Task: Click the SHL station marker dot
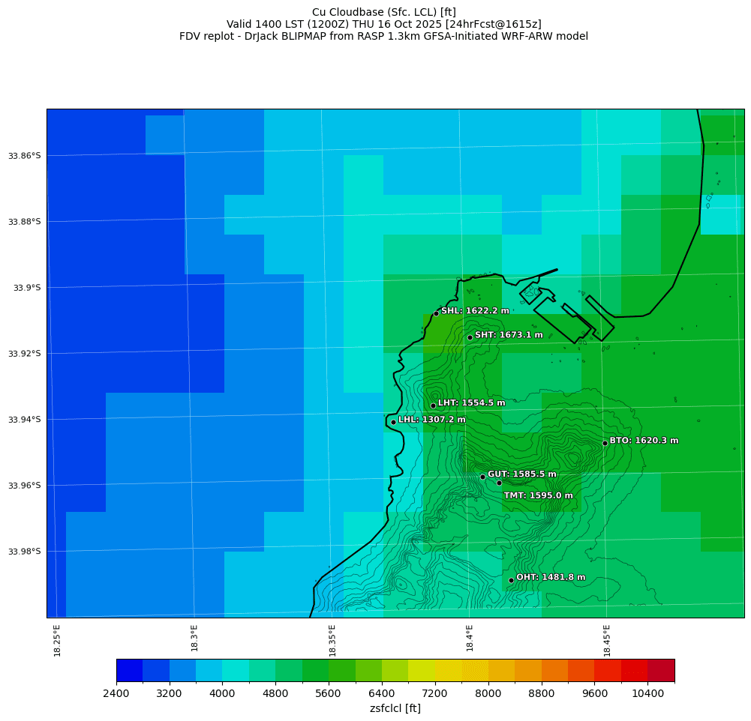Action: [x=436, y=313]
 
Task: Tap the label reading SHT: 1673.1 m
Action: [x=509, y=335]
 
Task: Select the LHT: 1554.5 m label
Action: [x=471, y=403]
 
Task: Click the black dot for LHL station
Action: [x=393, y=422]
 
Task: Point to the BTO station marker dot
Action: [x=605, y=443]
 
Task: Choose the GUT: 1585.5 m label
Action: [x=521, y=474]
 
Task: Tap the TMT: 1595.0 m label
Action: [x=538, y=495]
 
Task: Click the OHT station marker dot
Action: [x=511, y=580]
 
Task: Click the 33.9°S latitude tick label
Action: [x=25, y=288]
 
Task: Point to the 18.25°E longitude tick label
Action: [x=58, y=640]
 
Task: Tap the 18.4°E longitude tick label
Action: [x=470, y=640]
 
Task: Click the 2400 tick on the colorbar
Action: [x=116, y=694]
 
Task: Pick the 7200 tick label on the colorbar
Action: [x=435, y=694]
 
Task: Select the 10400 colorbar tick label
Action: [x=648, y=694]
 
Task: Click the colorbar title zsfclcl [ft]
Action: [x=395, y=708]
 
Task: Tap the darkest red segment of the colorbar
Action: [x=661, y=670]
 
